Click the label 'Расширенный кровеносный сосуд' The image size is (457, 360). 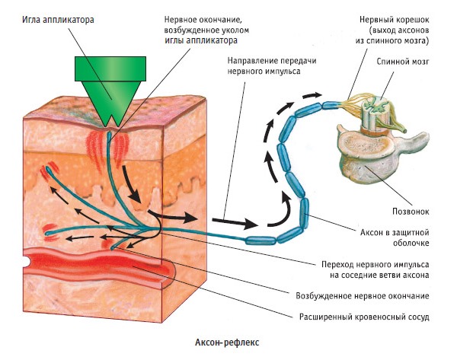point(357,314)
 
